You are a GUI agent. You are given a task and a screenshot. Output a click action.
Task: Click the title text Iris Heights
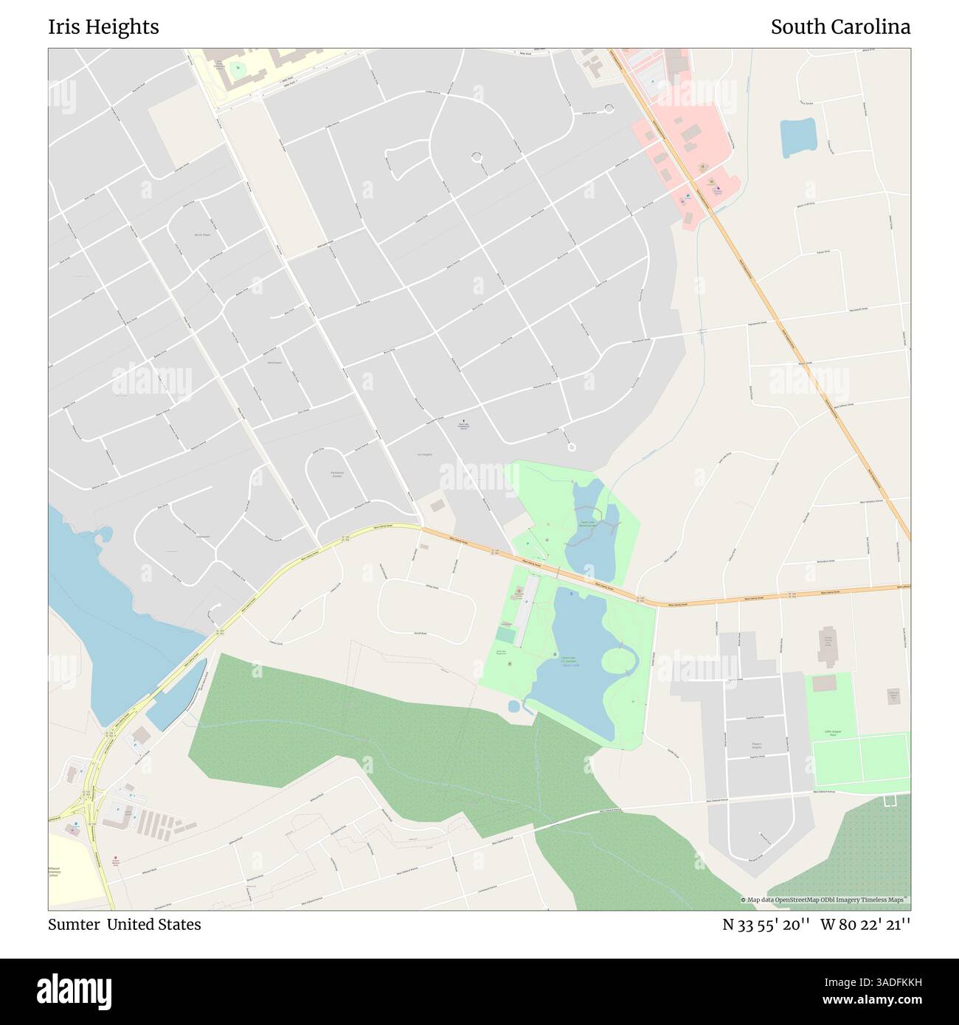[103, 27]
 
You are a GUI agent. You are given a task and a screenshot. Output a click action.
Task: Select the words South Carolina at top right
[840, 27]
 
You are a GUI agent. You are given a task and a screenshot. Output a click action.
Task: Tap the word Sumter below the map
[74, 924]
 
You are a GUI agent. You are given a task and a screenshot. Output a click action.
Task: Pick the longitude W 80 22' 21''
[865, 924]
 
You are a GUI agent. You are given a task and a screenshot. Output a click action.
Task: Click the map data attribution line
[825, 900]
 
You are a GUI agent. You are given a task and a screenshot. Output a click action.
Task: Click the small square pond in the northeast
[797, 137]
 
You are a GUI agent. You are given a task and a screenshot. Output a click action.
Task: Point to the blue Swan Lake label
[568, 662]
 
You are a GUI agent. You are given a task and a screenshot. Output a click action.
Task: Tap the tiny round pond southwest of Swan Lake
[514, 706]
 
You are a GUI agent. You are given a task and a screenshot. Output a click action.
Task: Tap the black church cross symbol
[463, 423]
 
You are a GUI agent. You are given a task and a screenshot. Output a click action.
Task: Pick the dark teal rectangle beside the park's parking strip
[505, 634]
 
